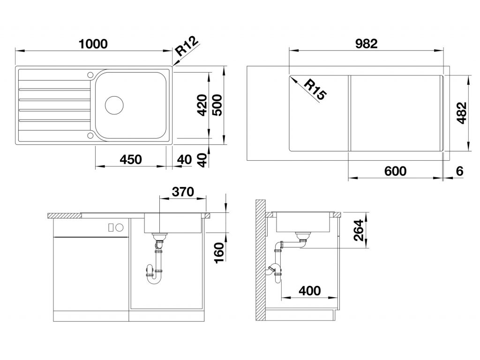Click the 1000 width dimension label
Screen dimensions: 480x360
pos(93,44)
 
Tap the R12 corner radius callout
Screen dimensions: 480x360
pos(187,46)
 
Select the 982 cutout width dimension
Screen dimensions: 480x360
pos(367,44)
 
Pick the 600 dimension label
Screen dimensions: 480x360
pos(395,171)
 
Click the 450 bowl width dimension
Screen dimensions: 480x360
pos(131,159)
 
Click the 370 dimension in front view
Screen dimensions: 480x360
pos(183,192)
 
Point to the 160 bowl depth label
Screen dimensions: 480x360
pos(219,253)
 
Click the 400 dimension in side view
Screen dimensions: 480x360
pos(310,291)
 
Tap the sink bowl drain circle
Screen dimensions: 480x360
pos(114,105)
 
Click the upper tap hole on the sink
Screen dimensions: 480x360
pos(90,75)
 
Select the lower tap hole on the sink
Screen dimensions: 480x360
pos(90,135)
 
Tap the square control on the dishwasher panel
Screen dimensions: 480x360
pos(111,227)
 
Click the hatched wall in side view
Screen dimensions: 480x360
pos(261,260)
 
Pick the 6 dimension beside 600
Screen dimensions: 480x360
pos(459,171)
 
